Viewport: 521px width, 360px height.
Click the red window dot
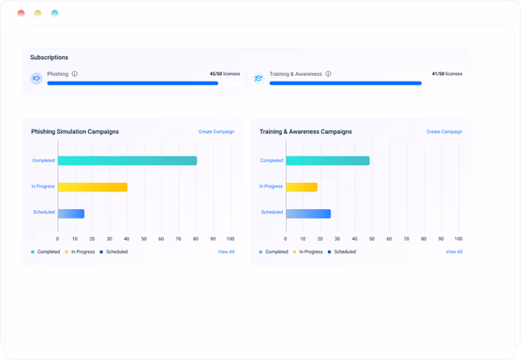click(21, 13)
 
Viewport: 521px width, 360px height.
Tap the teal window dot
click(55, 13)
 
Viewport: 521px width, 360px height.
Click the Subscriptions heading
click(49, 57)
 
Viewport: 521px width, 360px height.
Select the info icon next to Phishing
click(75, 74)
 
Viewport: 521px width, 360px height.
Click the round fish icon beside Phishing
click(37, 79)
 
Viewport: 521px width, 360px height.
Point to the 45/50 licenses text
click(225, 74)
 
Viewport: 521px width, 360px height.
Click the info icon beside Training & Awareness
click(328, 74)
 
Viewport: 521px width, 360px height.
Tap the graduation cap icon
click(259, 79)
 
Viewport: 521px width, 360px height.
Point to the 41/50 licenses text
click(447, 74)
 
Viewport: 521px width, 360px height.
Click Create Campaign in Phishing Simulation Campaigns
click(216, 131)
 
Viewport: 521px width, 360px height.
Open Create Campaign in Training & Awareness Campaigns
click(444, 131)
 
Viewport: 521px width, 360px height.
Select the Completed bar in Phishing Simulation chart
click(127, 160)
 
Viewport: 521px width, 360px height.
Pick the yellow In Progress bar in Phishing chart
click(93, 187)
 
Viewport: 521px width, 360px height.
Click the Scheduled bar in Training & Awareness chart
click(308, 214)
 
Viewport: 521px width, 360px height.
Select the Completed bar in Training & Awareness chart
click(328, 160)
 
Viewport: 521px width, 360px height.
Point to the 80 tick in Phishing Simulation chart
click(196, 239)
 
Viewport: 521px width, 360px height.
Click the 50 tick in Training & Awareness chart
click(372, 239)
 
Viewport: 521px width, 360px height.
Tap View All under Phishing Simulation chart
click(226, 251)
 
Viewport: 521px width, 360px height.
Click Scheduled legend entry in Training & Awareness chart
click(342, 251)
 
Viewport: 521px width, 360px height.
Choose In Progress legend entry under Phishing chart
click(80, 251)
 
